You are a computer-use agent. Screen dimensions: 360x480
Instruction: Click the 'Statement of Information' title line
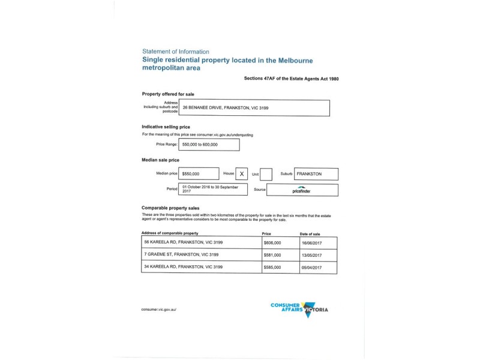pos(176,51)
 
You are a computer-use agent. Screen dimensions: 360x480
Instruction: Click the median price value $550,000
pos(198,174)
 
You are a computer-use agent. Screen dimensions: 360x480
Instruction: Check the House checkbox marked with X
pos(242,174)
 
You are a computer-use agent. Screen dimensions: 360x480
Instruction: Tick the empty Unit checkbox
pos(266,174)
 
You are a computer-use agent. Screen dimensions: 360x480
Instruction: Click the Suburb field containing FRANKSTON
pos(316,174)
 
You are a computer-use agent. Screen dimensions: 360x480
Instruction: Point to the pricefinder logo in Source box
pos(302,190)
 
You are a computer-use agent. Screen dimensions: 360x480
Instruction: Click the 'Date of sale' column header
pos(310,233)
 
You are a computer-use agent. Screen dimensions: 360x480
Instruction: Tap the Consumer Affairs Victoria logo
pos(299,308)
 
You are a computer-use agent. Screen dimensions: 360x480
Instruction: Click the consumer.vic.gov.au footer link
pos(158,309)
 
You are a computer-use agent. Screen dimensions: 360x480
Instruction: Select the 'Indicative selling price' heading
pos(166,127)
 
